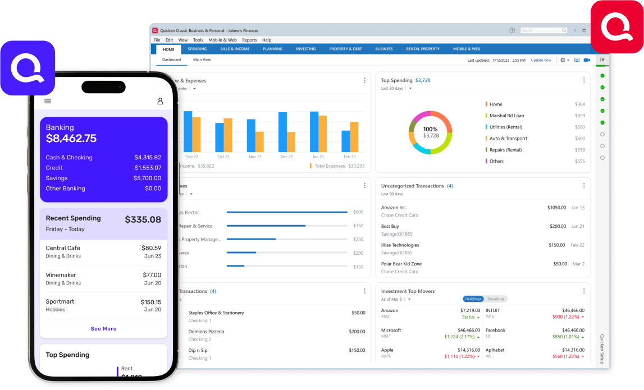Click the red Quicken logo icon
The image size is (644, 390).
point(616,26)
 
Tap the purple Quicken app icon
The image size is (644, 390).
point(28,67)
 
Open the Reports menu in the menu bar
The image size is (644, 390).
point(249,40)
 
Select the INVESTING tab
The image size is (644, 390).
point(306,49)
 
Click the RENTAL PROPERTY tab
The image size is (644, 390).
point(423,49)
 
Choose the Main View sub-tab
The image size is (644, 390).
point(202,59)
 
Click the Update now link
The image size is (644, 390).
point(541,60)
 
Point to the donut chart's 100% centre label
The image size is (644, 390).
point(431,129)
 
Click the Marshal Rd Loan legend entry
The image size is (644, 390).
point(506,116)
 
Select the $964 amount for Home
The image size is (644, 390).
point(579,104)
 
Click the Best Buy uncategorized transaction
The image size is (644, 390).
point(390,226)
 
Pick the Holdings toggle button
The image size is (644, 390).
point(473,299)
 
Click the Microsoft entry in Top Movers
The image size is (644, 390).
point(391,331)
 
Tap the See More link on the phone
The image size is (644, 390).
point(103,329)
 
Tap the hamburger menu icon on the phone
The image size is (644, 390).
point(48,101)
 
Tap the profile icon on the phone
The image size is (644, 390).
point(160,101)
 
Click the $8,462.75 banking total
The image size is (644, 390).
point(71,139)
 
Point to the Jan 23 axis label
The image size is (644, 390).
point(318,157)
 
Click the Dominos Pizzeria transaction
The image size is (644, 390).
point(206,332)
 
